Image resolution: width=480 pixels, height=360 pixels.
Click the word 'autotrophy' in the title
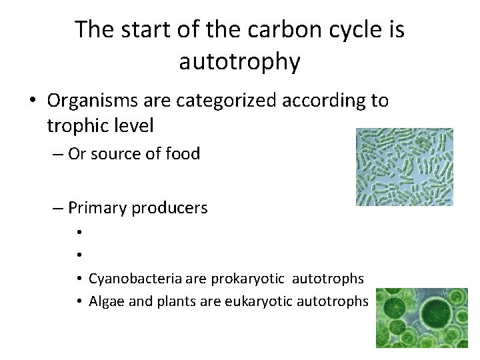pos(239,61)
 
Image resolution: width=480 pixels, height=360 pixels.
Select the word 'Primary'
pos(97,208)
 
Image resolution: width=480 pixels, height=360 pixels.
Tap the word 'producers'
pos(170,208)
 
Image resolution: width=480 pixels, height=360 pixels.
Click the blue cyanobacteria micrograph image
pos(404,167)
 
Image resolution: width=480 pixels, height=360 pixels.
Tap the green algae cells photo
pos(421,317)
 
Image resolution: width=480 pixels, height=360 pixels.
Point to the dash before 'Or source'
pos(58,154)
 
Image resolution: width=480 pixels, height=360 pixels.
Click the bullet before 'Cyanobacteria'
pos(79,279)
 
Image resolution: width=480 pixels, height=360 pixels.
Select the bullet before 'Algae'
pos(79,302)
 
